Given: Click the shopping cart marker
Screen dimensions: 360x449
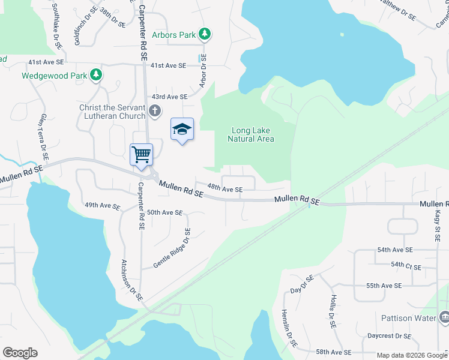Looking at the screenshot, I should (142, 154).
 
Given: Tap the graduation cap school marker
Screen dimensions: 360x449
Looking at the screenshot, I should (182, 130).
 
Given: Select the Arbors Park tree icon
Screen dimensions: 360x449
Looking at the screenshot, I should (205, 34).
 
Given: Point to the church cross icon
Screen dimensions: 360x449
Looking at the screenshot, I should (155, 110).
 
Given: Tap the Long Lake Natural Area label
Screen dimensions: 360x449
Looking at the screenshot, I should (251, 134).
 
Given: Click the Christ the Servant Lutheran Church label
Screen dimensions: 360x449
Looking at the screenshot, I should (112, 112).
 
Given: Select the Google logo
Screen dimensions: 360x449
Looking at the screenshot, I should (20, 353).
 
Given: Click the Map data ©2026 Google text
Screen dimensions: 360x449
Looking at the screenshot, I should (411, 355).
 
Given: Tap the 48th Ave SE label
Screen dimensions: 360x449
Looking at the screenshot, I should (225, 189).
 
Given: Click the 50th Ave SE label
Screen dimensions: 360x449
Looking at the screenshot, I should (164, 212).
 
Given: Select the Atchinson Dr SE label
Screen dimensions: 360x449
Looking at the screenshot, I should (131, 279).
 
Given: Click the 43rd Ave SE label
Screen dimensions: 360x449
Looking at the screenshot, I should (169, 97).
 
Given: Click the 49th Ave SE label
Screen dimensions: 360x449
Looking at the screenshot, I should (102, 205).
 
